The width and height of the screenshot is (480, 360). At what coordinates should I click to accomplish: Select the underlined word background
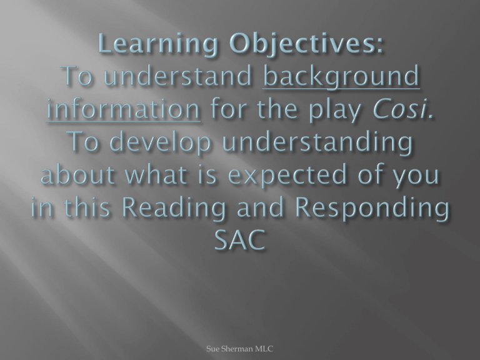pyautogui.click(x=341, y=77)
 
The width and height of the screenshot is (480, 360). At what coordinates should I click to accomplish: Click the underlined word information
pyautogui.click(x=123, y=109)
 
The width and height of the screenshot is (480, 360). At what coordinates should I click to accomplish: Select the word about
pyautogui.click(x=77, y=175)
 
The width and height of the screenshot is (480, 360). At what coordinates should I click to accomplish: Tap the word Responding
pyautogui.click(x=372, y=208)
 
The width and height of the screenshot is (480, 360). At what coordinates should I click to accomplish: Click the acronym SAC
pyautogui.click(x=239, y=239)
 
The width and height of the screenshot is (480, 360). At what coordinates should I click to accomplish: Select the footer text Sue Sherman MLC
pyautogui.click(x=240, y=349)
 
